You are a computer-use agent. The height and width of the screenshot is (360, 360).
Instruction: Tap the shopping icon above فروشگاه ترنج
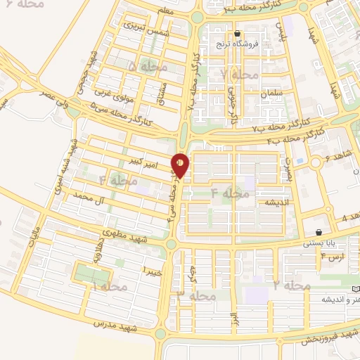pyautogui.click(x=238, y=33)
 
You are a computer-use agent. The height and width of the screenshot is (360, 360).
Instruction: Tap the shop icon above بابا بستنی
pyautogui.click(x=320, y=232)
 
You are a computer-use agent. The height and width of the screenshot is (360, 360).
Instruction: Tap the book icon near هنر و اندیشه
pyautogui.click(x=355, y=290)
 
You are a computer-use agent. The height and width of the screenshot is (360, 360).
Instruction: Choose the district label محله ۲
pyautogui.click(x=291, y=285)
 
